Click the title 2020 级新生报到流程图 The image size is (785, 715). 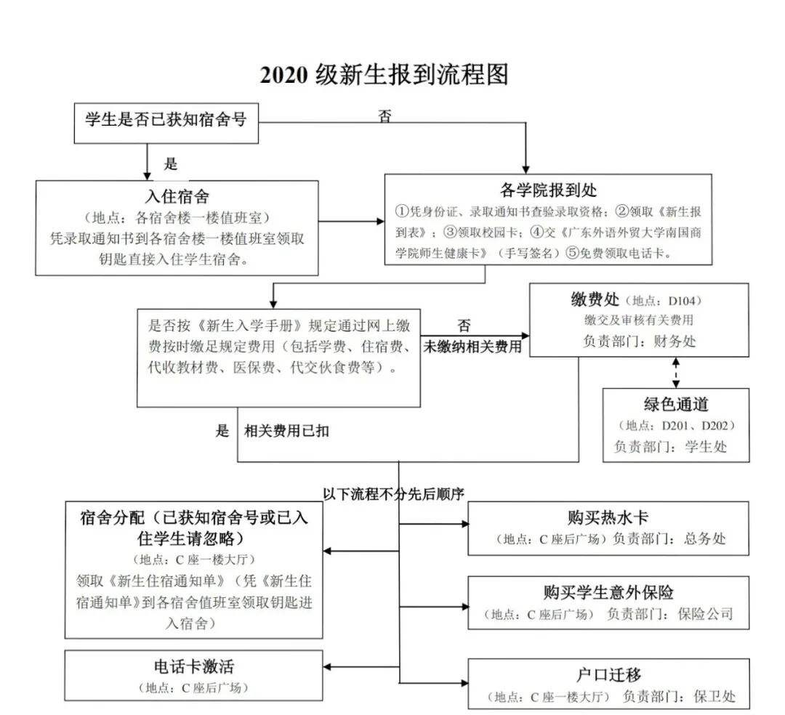tap(384, 75)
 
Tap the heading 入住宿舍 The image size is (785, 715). tap(177, 196)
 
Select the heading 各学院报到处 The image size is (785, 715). tap(548, 190)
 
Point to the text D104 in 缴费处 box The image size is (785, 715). tap(683, 301)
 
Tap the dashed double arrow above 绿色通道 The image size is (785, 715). tap(677, 372)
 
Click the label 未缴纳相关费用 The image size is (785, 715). tap(473, 347)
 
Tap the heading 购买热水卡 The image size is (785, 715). tap(608, 517)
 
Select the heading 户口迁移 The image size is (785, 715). tap(608, 675)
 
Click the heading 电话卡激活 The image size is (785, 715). tap(193, 666)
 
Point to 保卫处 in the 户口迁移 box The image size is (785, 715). tap(714, 697)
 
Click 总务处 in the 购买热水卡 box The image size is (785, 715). tap(704, 539)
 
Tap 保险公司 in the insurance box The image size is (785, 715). tap(706, 614)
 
